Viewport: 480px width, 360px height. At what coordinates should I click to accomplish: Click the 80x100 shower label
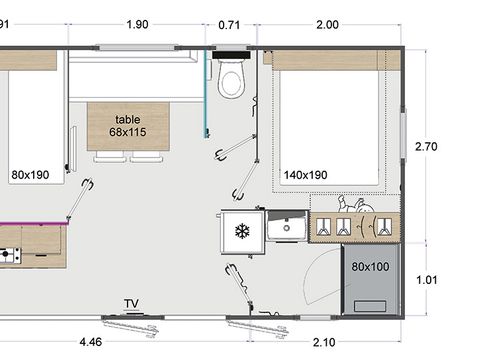click(370, 266)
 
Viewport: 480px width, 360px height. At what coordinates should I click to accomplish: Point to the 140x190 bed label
click(306, 174)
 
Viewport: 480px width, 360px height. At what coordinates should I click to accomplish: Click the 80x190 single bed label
click(31, 174)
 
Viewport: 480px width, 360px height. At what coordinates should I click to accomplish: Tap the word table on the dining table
click(128, 118)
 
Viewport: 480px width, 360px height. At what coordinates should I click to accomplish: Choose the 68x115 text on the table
click(128, 132)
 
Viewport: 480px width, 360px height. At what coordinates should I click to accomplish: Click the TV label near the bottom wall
click(131, 303)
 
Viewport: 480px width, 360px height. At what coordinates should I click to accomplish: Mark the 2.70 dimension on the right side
click(427, 146)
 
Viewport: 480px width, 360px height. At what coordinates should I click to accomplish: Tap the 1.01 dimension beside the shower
click(427, 280)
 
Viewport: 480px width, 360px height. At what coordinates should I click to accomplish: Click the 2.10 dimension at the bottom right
click(323, 342)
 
